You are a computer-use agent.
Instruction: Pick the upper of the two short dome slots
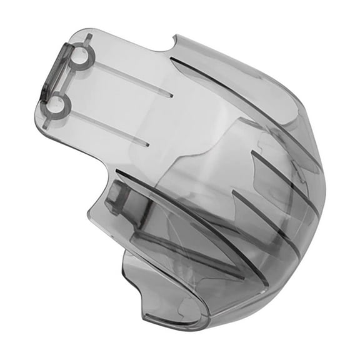[285, 176]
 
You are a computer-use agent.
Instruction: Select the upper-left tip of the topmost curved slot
[171, 60]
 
